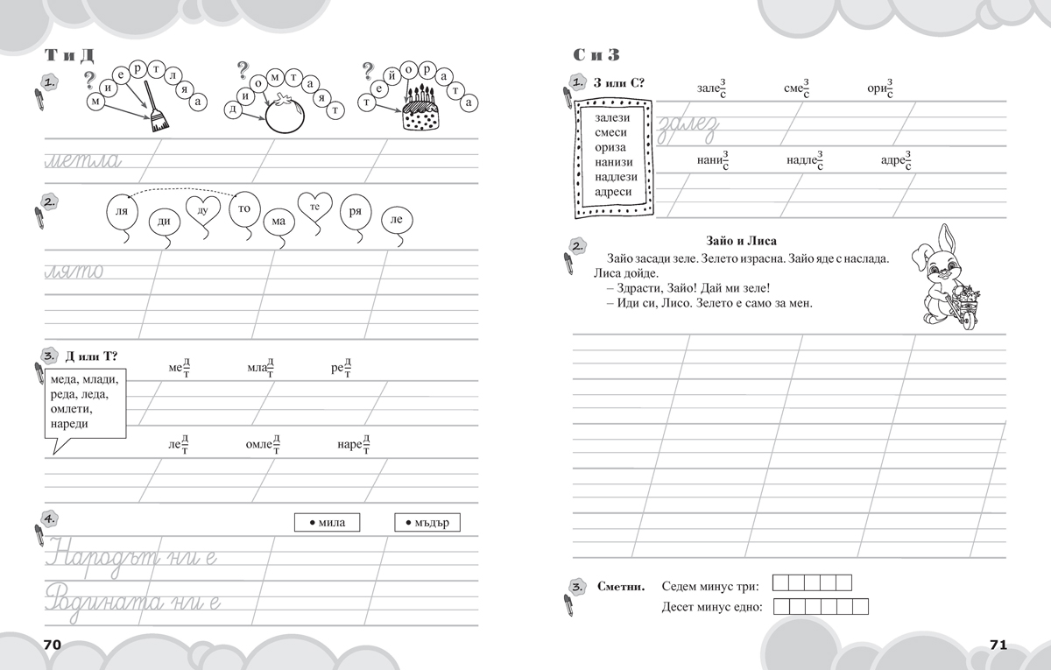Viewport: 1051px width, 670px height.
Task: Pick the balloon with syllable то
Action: tap(243, 209)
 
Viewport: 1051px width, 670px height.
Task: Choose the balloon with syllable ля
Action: tap(122, 213)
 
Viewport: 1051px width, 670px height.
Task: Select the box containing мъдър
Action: tap(427, 523)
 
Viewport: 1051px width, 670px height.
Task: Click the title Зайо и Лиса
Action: tap(741, 241)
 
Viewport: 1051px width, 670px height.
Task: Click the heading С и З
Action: tap(596, 54)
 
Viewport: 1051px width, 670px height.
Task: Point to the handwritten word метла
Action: tap(87, 160)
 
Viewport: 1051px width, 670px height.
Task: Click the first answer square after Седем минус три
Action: tap(783, 582)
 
